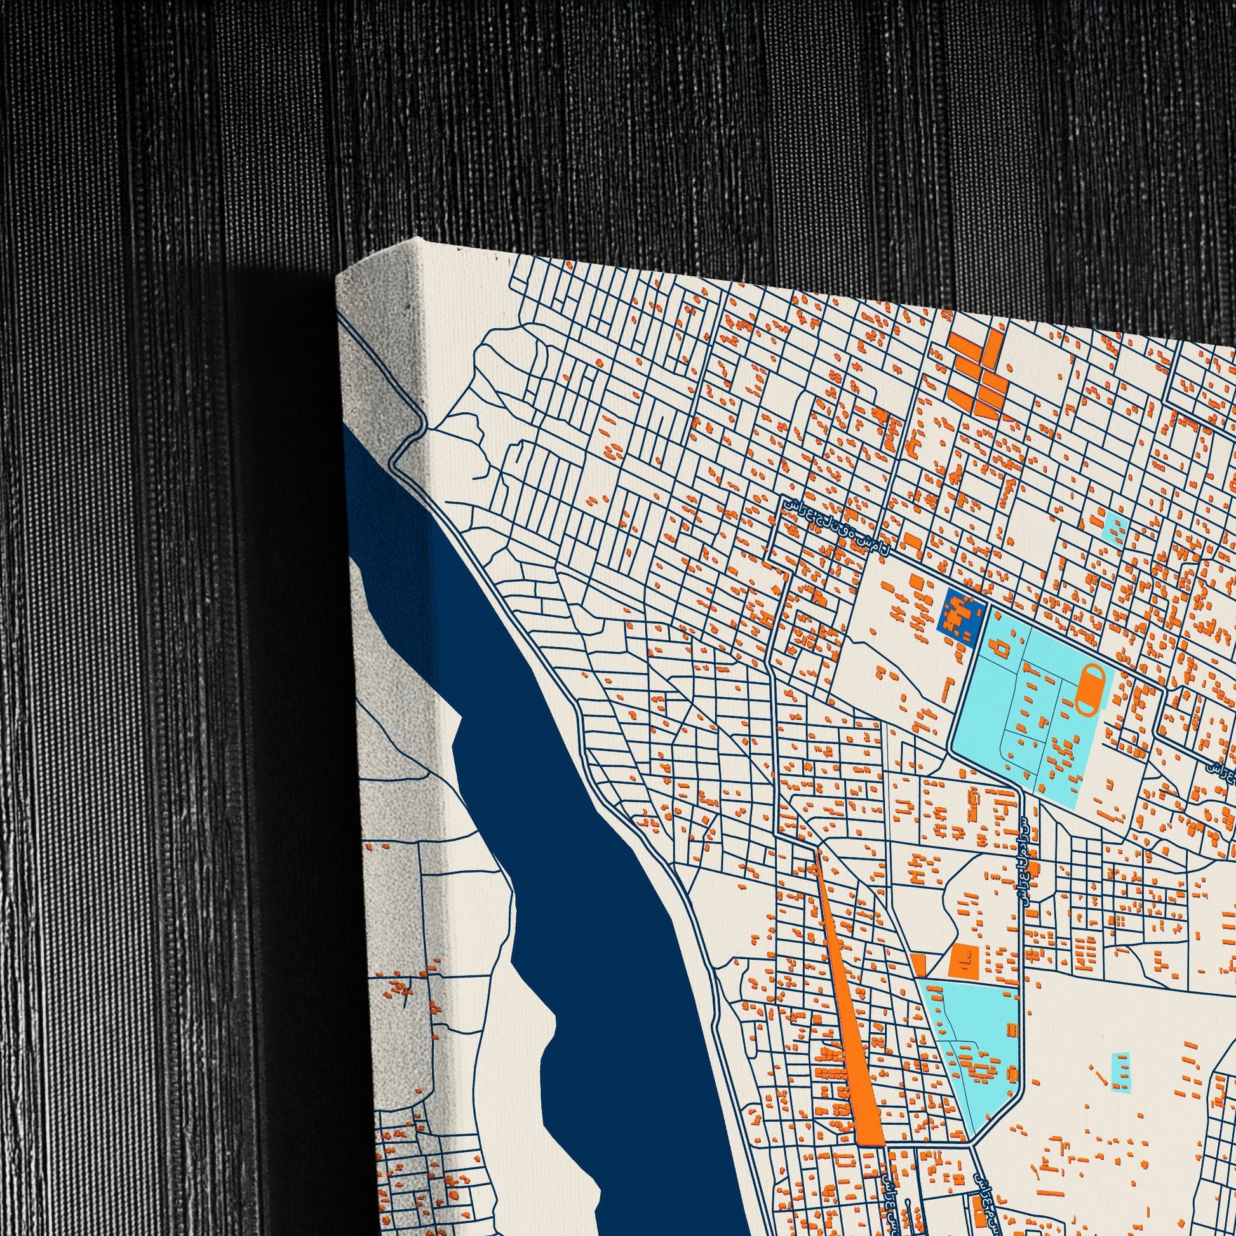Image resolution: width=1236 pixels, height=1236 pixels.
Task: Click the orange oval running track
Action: click(1089, 690)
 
